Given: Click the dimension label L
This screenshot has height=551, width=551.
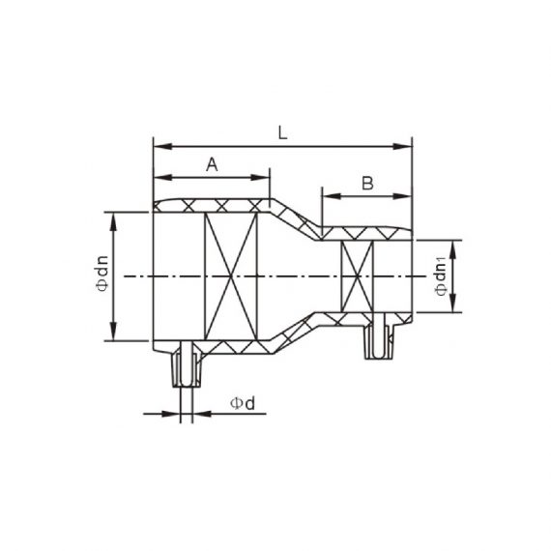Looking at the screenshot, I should click(x=282, y=134).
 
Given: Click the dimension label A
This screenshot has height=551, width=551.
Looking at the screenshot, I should click(x=212, y=165).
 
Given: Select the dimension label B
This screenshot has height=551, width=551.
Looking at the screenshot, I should click(x=367, y=183).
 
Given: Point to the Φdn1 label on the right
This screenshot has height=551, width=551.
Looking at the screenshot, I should click(x=441, y=276).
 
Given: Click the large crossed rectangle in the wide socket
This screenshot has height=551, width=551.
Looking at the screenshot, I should click(x=232, y=276).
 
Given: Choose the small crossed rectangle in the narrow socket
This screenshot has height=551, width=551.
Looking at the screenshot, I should click(x=358, y=276).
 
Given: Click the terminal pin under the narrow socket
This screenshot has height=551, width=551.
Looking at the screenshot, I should click(x=379, y=339).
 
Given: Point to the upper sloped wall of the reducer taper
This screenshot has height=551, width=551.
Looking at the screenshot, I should click(x=294, y=215).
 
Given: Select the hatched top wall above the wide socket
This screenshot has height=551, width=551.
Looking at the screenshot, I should click(x=213, y=205).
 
